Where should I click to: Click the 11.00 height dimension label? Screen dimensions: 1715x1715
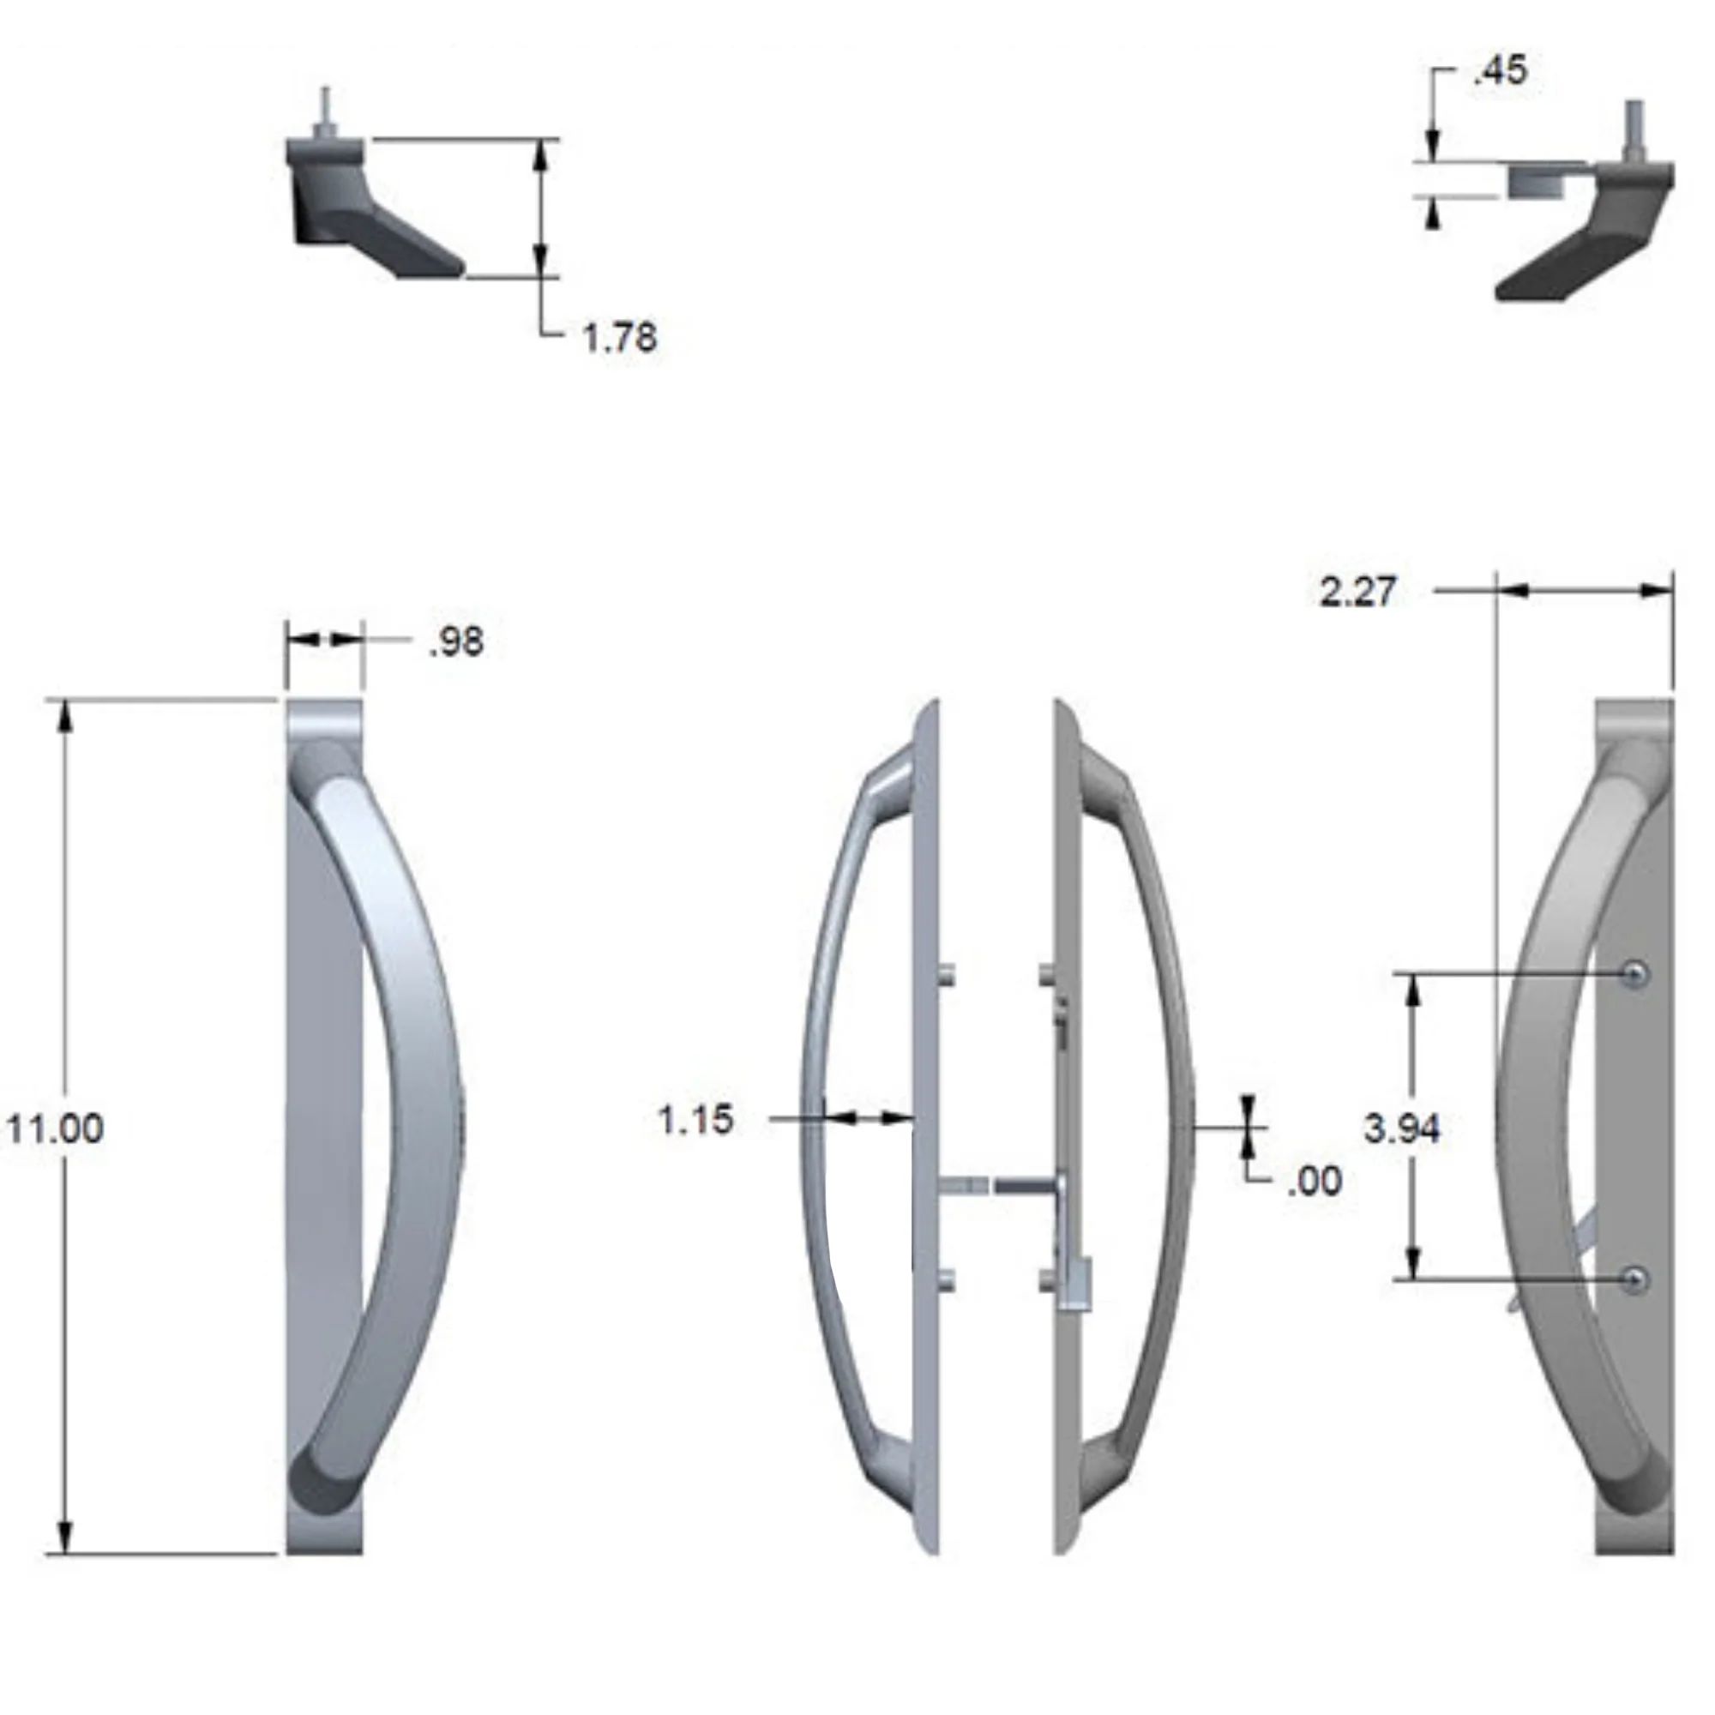tap(55, 1128)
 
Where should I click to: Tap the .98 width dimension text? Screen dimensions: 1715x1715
tap(456, 641)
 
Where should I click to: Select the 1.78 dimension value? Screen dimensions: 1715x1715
tap(620, 337)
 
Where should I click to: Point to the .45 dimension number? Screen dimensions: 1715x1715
tap(1500, 71)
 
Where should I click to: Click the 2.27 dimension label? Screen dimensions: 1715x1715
tap(1357, 591)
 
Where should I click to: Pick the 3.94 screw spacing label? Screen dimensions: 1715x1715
tap(1402, 1128)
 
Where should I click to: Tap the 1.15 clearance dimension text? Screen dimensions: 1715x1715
tap(696, 1119)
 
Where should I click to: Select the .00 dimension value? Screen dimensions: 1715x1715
tap(1315, 1181)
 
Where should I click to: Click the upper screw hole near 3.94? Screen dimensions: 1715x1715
tap(1635, 975)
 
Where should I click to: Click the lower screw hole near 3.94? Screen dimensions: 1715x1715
tap(1635, 1279)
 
